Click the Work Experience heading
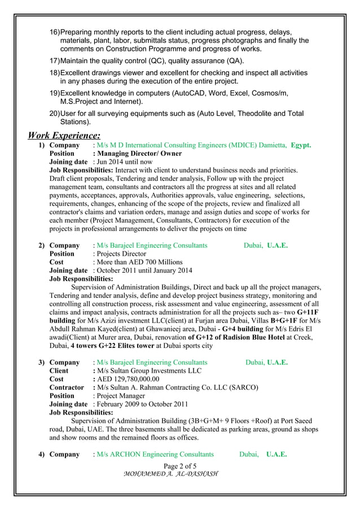(x=64, y=136)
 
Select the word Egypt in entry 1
(x=301, y=145)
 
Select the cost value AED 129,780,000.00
(x=128, y=379)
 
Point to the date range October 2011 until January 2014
(x=144, y=270)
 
